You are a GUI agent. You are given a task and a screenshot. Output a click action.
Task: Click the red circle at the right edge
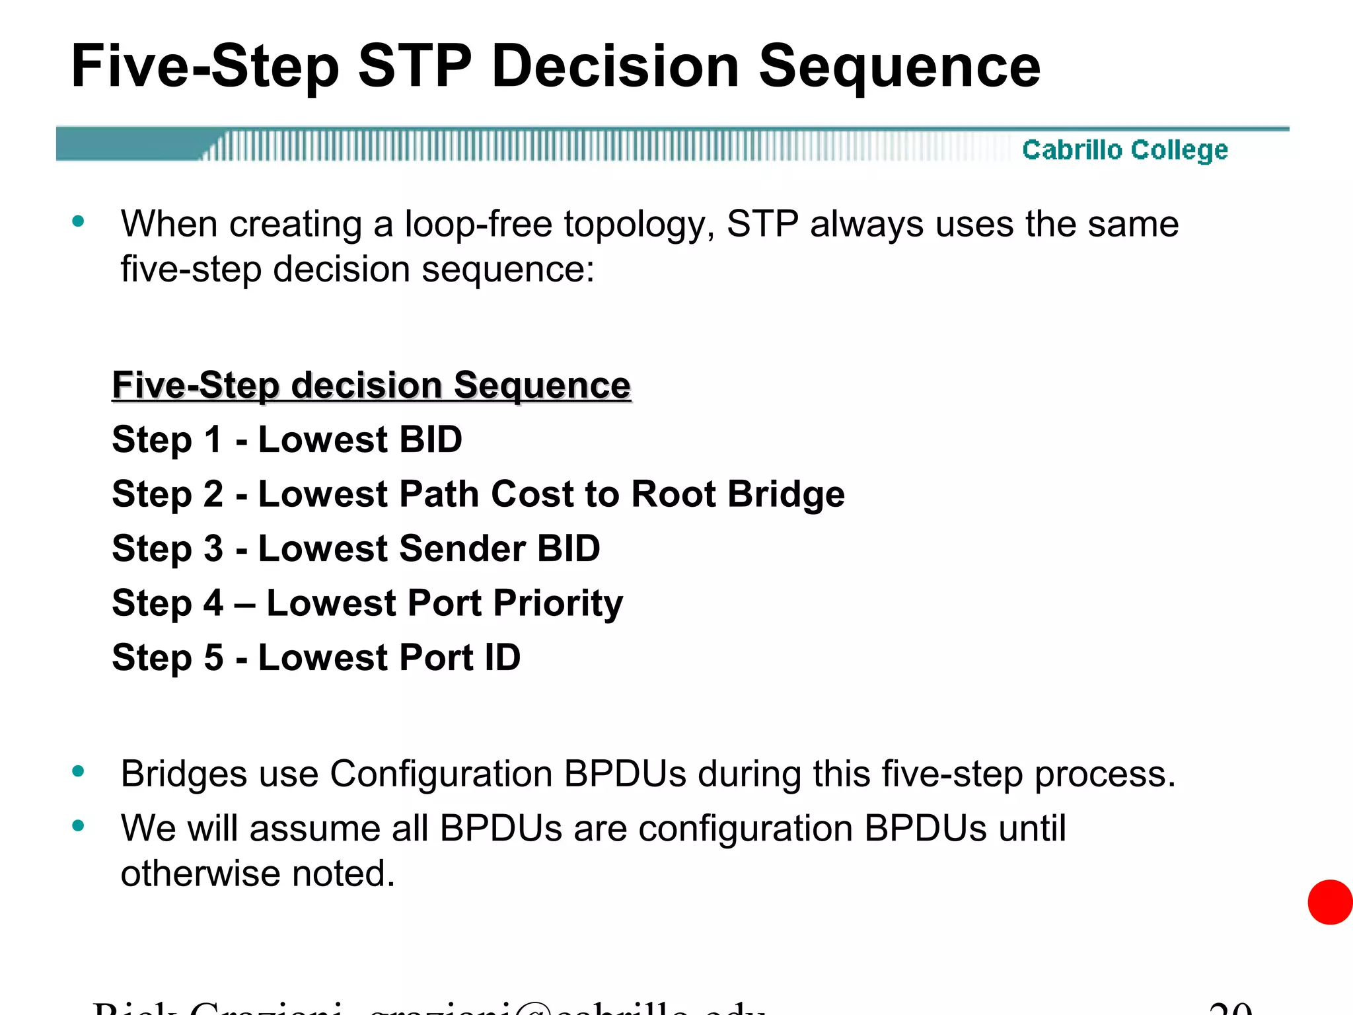coord(1330,902)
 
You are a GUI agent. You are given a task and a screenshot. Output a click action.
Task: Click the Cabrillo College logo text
coord(1124,150)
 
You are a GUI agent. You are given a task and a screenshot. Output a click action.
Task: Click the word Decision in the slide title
coord(615,67)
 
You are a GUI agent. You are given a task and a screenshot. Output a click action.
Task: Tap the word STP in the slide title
coord(415,67)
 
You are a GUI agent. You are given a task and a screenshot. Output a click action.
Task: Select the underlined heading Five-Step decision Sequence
coord(371,385)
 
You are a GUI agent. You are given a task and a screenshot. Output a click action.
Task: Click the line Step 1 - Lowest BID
coord(287,439)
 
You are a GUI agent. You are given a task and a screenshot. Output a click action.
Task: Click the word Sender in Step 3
coord(462,548)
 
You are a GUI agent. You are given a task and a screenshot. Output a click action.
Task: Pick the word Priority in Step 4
coord(558,603)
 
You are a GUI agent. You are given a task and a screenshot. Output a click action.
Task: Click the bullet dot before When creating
coord(79,221)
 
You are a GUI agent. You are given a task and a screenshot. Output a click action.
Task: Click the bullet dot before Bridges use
coord(79,771)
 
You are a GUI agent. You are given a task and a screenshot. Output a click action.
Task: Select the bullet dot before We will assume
coord(79,825)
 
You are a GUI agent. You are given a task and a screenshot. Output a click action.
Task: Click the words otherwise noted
coord(258,874)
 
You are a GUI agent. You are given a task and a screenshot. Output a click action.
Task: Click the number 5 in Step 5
coord(213,658)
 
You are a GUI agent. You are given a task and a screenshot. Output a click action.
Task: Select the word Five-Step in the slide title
coord(205,67)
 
